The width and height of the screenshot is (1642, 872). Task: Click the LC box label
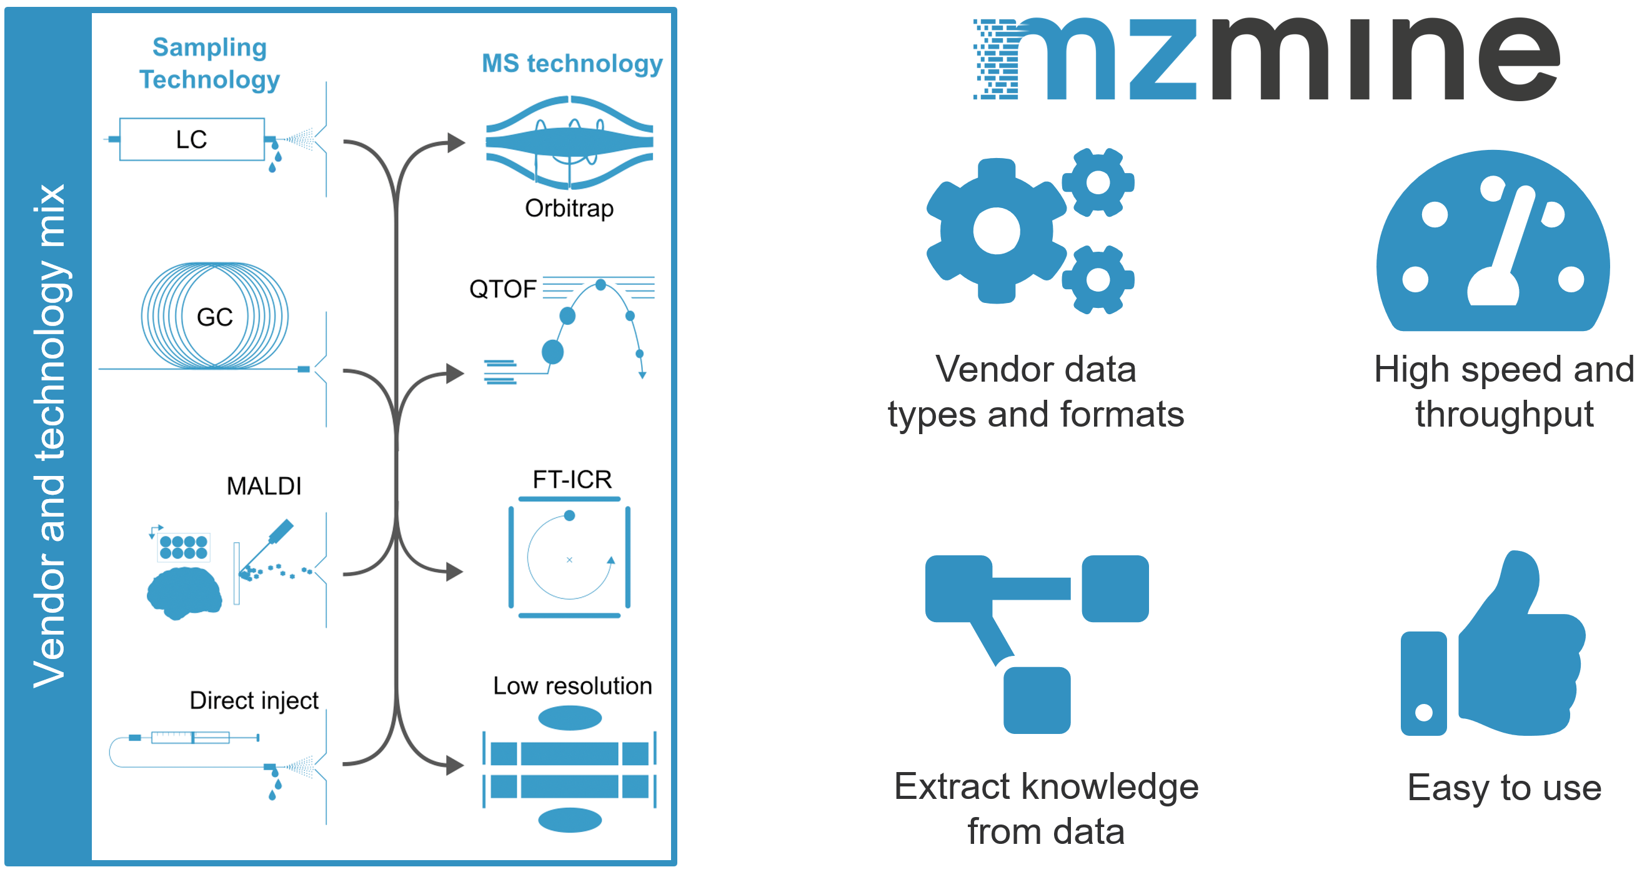pos(191,139)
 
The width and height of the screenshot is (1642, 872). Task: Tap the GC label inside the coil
pos(215,317)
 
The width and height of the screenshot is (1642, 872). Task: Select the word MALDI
pos(264,487)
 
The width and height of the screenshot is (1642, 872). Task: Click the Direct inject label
pos(254,700)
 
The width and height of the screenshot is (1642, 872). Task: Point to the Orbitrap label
pos(569,209)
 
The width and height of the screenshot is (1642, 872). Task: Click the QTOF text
pos(502,289)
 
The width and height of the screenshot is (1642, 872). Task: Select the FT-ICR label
pos(572,479)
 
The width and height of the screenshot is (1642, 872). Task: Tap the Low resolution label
pos(572,686)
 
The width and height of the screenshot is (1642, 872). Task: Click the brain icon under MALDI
pos(184,592)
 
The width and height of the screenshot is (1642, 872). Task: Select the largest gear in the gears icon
pos(996,230)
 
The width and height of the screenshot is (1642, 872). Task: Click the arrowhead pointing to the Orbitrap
pos(455,142)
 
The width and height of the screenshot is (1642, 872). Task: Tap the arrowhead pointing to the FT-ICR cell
pos(454,572)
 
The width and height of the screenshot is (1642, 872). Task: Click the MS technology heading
pos(572,63)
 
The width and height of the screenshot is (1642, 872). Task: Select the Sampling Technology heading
pos(209,63)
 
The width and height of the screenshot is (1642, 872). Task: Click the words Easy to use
pos(1504,788)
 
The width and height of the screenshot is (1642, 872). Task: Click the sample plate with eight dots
pos(184,547)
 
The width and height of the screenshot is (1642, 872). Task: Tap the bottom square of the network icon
pos(1037,700)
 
